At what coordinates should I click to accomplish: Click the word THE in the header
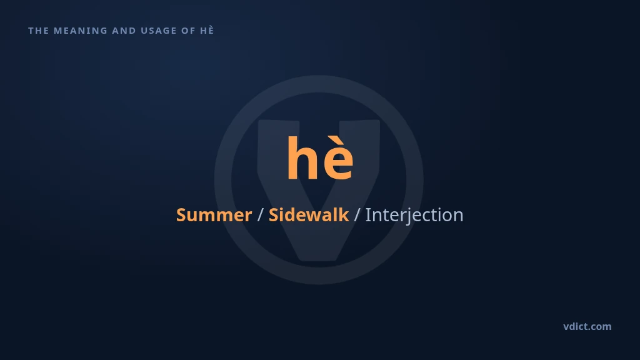click(x=38, y=31)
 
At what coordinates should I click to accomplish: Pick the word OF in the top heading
click(x=189, y=31)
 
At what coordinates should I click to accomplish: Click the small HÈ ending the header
click(x=207, y=30)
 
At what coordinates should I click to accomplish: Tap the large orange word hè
click(x=320, y=157)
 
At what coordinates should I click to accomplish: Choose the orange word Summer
click(x=214, y=215)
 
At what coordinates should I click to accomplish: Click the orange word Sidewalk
click(x=309, y=215)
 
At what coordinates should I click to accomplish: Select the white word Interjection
click(x=414, y=215)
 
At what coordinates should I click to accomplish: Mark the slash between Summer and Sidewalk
click(x=261, y=215)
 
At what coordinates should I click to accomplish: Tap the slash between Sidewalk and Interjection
click(x=357, y=215)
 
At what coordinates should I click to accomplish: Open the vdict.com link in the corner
click(x=587, y=326)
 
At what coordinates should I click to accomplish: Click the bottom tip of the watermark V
click(x=318, y=261)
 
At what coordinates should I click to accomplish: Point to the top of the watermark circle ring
click(x=319, y=84)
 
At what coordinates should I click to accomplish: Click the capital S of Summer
click(x=181, y=215)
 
